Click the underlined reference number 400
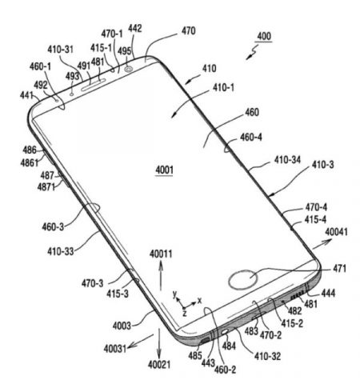[x=264, y=36]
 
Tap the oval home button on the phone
[x=243, y=279]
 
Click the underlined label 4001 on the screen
[x=164, y=170]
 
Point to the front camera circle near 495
[x=129, y=70]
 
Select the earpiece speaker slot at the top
[x=94, y=85]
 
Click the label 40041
[x=336, y=232]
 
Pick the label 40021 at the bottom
[x=159, y=365]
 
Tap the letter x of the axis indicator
[x=199, y=301]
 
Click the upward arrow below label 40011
[x=161, y=276]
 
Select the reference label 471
[x=339, y=268]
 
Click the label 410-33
[x=61, y=251]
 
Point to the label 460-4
[x=251, y=138]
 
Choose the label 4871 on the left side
[x=46, y=187]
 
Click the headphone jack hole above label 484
[x=225, y=332]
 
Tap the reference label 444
[x=328, y=294]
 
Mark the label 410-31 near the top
[x=60, y=50]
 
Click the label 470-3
[x=92, y=283]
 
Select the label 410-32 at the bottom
[x=267, y=356]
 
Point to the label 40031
[x=115, y=349]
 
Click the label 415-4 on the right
[x=315, y=220]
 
